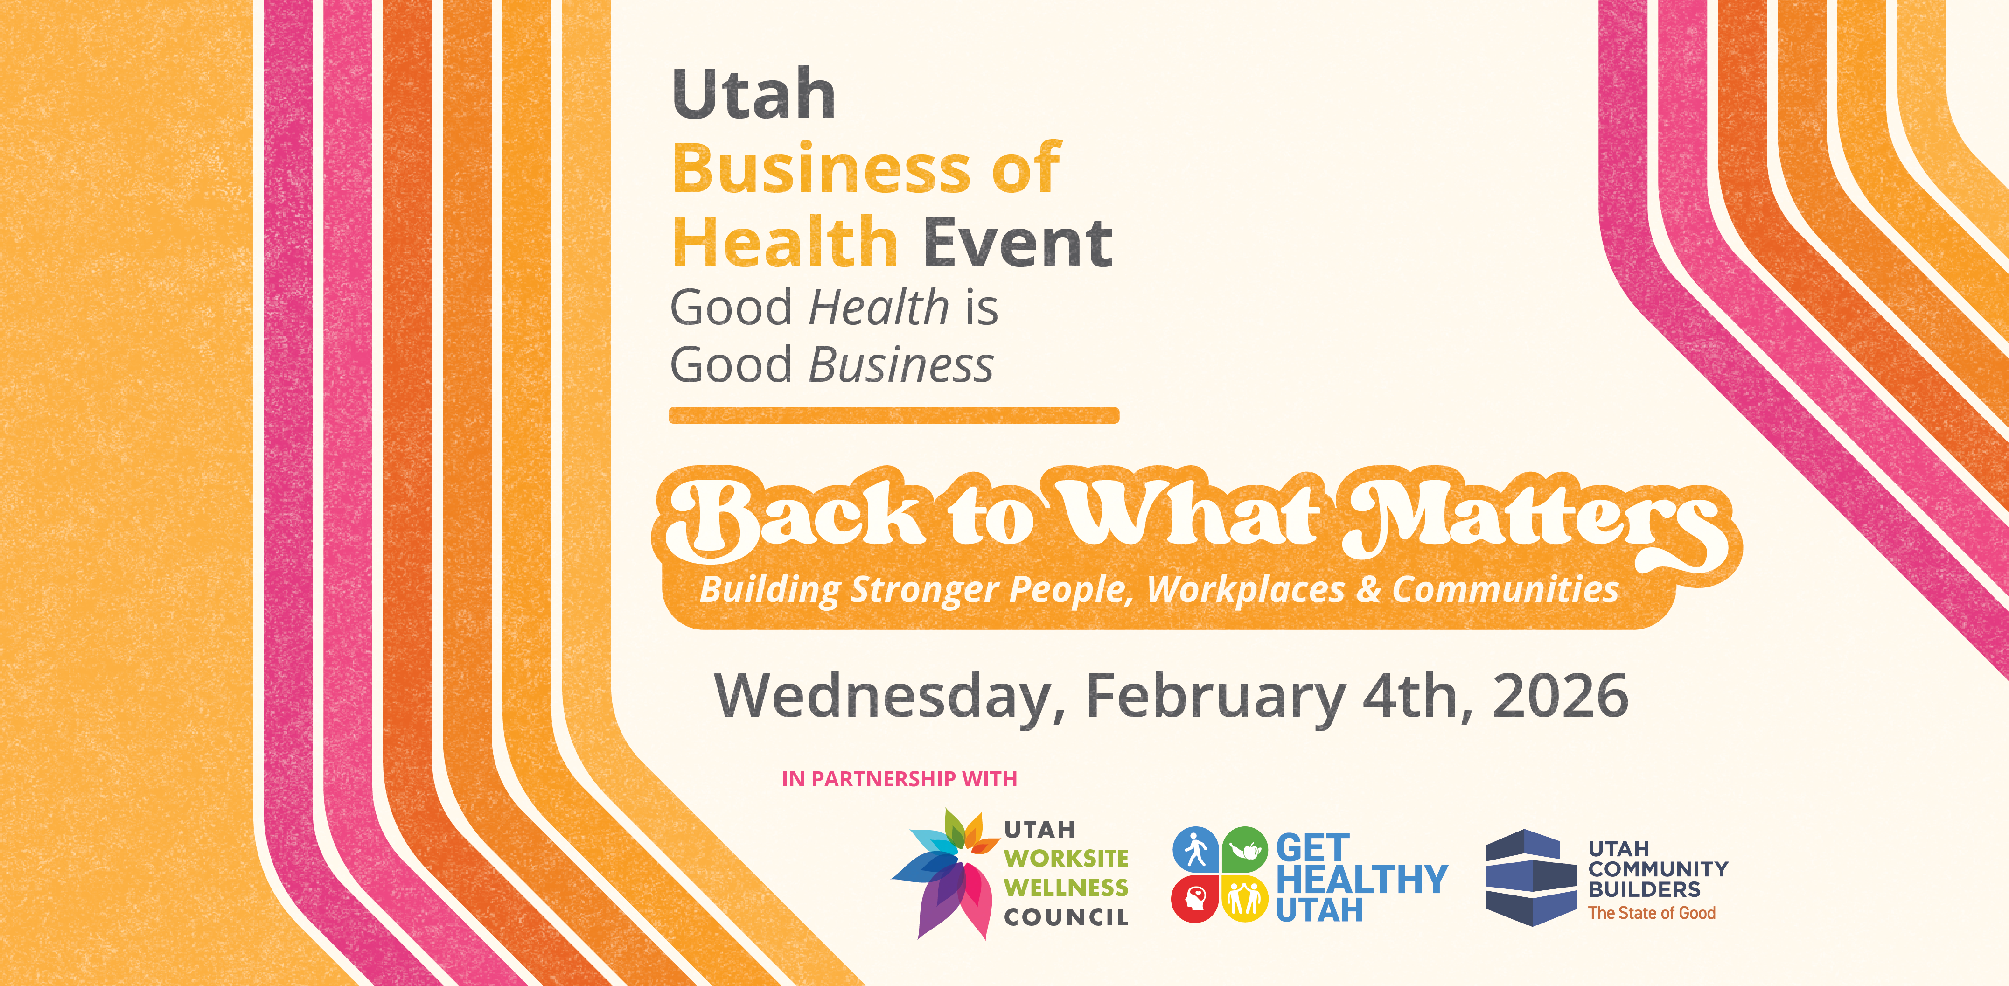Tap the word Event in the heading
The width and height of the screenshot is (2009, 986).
click(x=1018, y=244)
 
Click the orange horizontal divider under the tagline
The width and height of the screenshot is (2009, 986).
click(x=894, y=416)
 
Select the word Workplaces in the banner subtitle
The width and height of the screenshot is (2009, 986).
click(x=1246, y=590)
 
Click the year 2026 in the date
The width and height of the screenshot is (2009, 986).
click(x=1560, y=696)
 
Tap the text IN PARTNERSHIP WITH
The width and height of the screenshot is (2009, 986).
click(x=899, y=778)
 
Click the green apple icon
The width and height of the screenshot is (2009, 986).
click(x=1245, y=849)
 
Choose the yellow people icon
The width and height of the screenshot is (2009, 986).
click(x=1245, y=899)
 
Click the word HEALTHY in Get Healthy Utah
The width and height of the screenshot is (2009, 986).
click(x=1362, y=879)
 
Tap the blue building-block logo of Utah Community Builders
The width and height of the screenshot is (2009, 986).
click(x=1530, y=878)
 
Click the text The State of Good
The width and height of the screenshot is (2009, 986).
click(x=1652, y=913)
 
